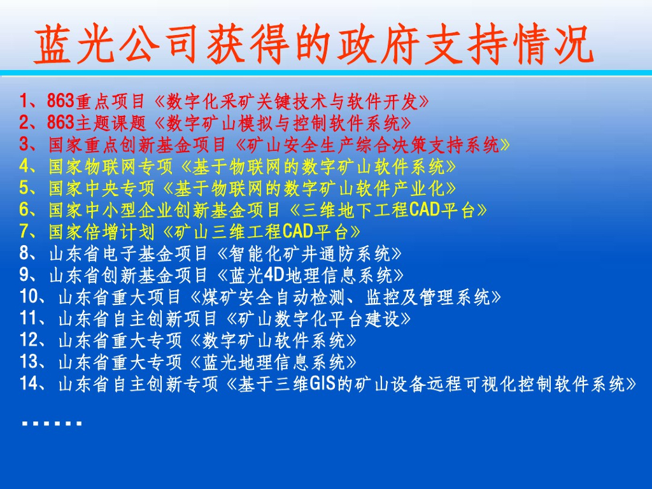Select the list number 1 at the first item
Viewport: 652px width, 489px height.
click(24, 101)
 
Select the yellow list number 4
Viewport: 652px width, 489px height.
click(24, 166)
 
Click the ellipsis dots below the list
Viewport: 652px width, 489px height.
click(51, 422)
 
